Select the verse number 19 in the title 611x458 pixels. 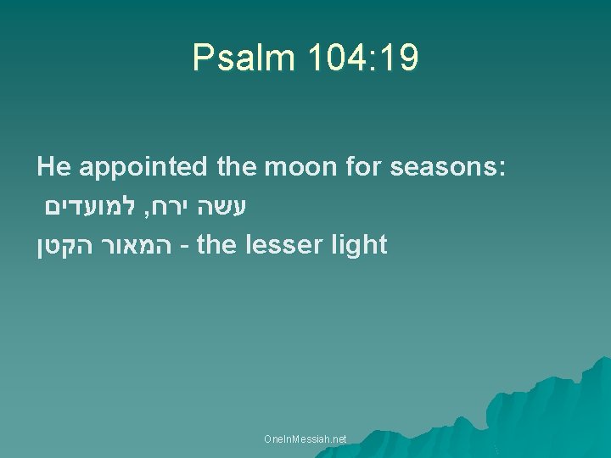coord(399,59)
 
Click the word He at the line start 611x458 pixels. coord(53,166)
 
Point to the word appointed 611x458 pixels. coord(144,168)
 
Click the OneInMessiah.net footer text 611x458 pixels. coord(305,439)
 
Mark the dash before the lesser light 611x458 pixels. coord(187,247)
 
